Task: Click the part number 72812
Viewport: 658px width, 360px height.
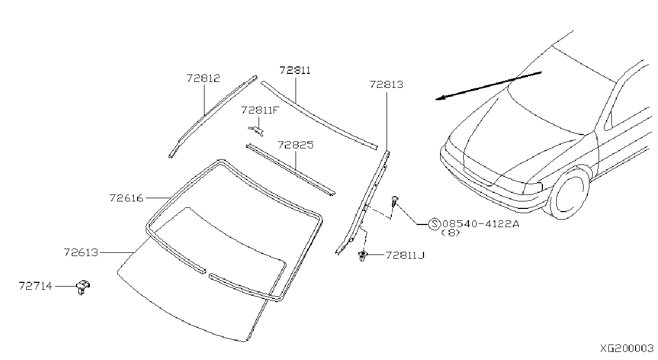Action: pyautogui.click(x=203, y=78)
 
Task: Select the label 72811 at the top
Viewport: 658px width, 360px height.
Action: pyautogui.click(x=295, y=71)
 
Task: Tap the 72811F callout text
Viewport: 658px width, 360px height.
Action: pyautogui.click(x=260, y=110)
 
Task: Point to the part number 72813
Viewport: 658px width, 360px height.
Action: pyautogui.click(x=386, y=85)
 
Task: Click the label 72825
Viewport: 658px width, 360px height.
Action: pyautogui.click(x=296, y=145)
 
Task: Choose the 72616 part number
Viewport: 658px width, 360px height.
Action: pyautogui.click(x=126, y=198)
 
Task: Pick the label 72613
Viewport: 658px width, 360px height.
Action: pyautogui.click(x=81, y=252)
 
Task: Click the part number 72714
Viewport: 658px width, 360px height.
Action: pyautogui.click(x=35, y=286)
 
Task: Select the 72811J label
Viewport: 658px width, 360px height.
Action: pyautogui.click(x=405, y=255)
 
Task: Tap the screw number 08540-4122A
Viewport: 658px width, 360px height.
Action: pyautogui.click(x=481, y=224)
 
